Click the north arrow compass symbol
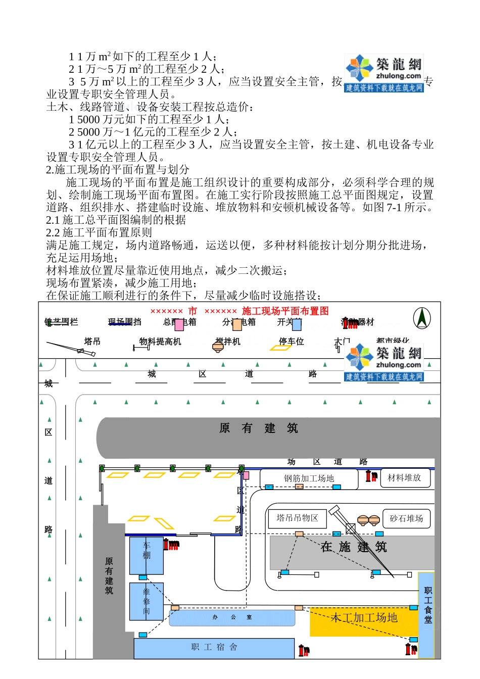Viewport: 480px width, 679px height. [x=421, y=319]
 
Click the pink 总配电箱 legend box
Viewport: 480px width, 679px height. [x=179, y=324]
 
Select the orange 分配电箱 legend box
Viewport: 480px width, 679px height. [x=237, y=324]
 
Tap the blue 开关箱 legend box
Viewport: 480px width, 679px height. [x=297, y=324]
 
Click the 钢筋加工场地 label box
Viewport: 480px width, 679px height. [x=308, y=478]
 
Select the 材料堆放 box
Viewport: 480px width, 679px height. [x=404, y=477]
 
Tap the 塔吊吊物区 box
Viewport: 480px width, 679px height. [x=297, y=518]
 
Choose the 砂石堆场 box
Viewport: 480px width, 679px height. [x=406, y=518]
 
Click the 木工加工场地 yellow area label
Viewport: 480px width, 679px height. [x=364, y=617]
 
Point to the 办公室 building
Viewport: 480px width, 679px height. [x=232, y=617]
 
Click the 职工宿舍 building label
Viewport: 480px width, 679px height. [x=214, y=647]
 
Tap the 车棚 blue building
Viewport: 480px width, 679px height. [x=147, y=555]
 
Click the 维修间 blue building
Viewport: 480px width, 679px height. [x=147, y=601]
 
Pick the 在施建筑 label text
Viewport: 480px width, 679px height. [x=353, y=547]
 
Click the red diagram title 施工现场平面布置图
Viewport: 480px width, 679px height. [x=285, y=311]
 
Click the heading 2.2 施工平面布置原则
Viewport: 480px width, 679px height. [x=99, y=232]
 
